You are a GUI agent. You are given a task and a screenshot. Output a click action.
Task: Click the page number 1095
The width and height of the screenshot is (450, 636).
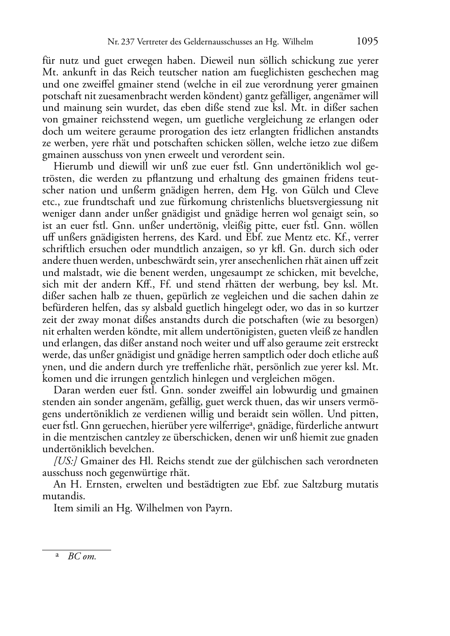tap(367, 42)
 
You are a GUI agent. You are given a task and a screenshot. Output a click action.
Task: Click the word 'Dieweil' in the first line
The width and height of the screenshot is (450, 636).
tap(217, 61)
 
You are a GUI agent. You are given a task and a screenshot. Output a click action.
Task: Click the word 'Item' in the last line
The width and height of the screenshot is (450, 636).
tap(64, 509)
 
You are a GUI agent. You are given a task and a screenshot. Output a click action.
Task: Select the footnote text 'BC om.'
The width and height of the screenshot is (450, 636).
tap(82, 557)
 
